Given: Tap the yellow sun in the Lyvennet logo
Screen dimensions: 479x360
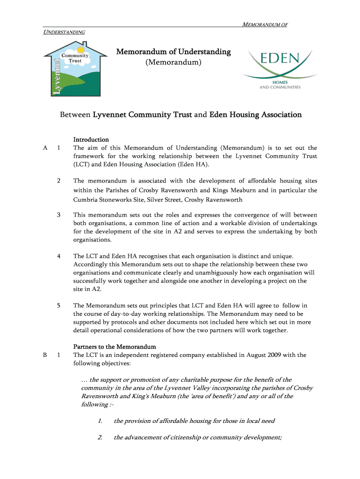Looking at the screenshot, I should point(81,50).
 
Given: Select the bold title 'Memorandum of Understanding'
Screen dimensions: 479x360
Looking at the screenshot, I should point(173,51).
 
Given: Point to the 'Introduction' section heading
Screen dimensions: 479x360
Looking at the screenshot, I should point(91,139).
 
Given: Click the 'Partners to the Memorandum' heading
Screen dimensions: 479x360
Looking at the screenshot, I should point(115,347).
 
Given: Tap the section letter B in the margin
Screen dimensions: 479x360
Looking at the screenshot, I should point(45,355).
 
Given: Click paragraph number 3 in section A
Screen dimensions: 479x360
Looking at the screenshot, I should point(58,215).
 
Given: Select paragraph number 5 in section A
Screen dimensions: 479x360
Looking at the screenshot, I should point(58,305).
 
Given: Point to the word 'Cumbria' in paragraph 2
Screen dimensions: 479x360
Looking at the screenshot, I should point(86,200).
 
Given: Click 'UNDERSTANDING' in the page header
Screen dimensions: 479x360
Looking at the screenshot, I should point(64,32).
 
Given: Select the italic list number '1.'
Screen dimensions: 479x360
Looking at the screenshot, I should point(100,421).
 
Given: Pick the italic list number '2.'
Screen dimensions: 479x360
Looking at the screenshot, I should point(100,438).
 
